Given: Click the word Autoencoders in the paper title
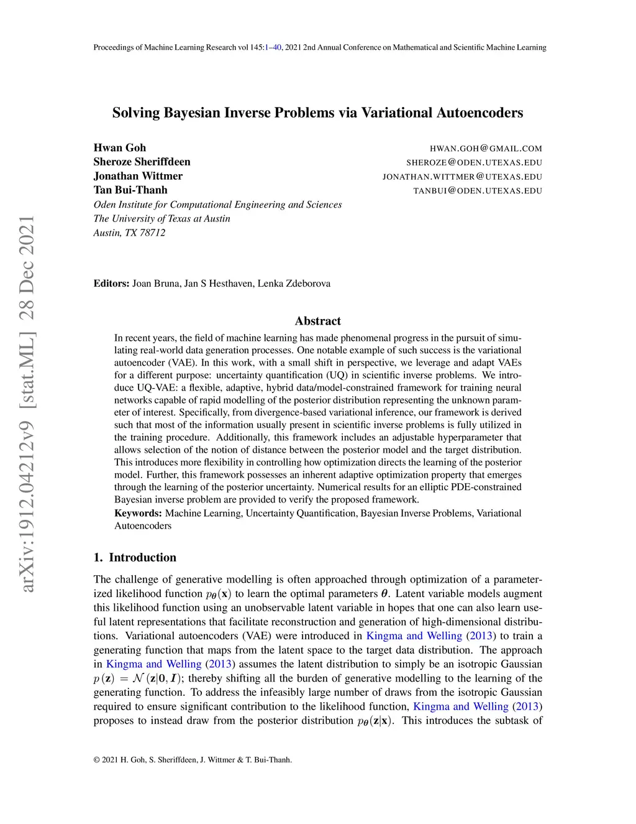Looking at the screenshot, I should (x=480, y=113).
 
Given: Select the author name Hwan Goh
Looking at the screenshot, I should (x=120, y=147).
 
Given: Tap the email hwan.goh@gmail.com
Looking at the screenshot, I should (x=486, y=149).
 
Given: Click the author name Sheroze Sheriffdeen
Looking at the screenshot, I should (x=142, y=162).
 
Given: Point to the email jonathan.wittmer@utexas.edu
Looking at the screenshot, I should (x=462, y=177).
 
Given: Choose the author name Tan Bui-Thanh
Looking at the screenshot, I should (x=130, y=190).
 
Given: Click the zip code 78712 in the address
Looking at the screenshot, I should (x=153, y=233).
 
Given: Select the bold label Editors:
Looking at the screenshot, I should (x=111, y=284).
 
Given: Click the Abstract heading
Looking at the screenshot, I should (x=317, y=321).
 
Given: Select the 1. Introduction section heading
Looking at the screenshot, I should (x=135, y=557).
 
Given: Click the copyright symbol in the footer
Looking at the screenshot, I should (x=96, y=760).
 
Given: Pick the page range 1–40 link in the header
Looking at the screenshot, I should (x=273, y=47).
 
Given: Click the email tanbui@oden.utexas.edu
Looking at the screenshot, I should (x=478, y=191).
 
